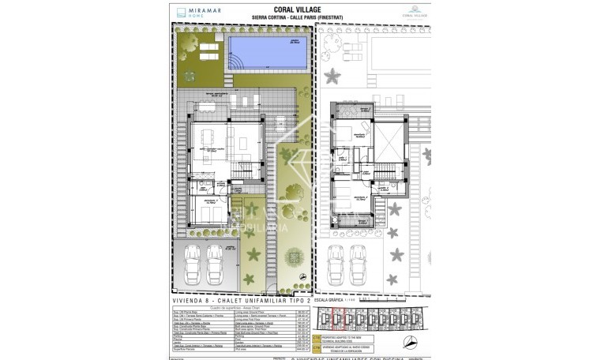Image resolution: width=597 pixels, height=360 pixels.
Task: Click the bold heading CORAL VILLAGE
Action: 298,10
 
